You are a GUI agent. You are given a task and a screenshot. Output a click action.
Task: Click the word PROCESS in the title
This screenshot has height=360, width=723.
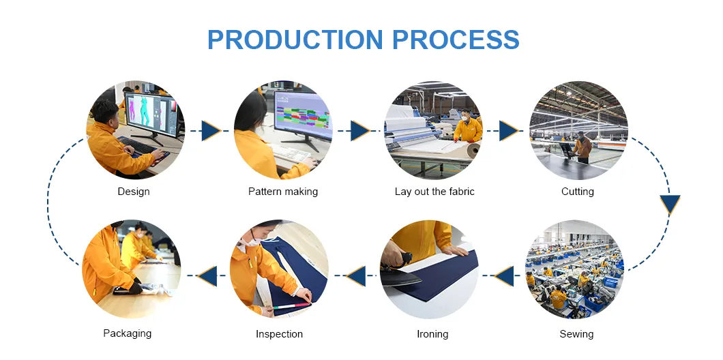[457, 40]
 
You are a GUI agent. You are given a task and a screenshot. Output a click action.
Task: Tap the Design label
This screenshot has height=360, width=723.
[134, 192]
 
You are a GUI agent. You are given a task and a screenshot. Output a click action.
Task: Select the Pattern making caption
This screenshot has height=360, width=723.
[283, 192]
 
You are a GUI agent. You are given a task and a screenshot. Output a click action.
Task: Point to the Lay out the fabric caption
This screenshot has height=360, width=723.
[434, 192]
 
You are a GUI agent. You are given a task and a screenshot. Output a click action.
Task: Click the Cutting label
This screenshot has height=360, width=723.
[578, 192]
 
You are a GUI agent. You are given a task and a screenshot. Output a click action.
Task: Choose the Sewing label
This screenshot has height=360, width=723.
[576, 334]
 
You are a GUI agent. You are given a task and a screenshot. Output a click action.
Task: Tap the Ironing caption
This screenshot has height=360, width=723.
[432, 334]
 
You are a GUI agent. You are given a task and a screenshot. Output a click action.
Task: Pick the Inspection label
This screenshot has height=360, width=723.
[279, 334]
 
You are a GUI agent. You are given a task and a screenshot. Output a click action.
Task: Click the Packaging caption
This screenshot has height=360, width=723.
[128, 333]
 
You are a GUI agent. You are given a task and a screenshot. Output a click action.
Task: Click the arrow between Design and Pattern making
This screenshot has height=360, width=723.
[210, 131]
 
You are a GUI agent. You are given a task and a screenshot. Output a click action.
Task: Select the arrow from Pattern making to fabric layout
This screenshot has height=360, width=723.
[359, 131]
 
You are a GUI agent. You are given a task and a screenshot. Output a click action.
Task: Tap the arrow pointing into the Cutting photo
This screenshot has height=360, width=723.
[508, 131]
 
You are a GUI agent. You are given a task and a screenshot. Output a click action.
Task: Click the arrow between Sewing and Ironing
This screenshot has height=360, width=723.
[504, 276]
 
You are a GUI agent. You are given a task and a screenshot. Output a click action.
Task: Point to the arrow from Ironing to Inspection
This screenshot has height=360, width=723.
[356, 276]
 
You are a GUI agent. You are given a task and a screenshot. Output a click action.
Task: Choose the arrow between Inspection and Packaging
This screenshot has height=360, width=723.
[207, 276]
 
